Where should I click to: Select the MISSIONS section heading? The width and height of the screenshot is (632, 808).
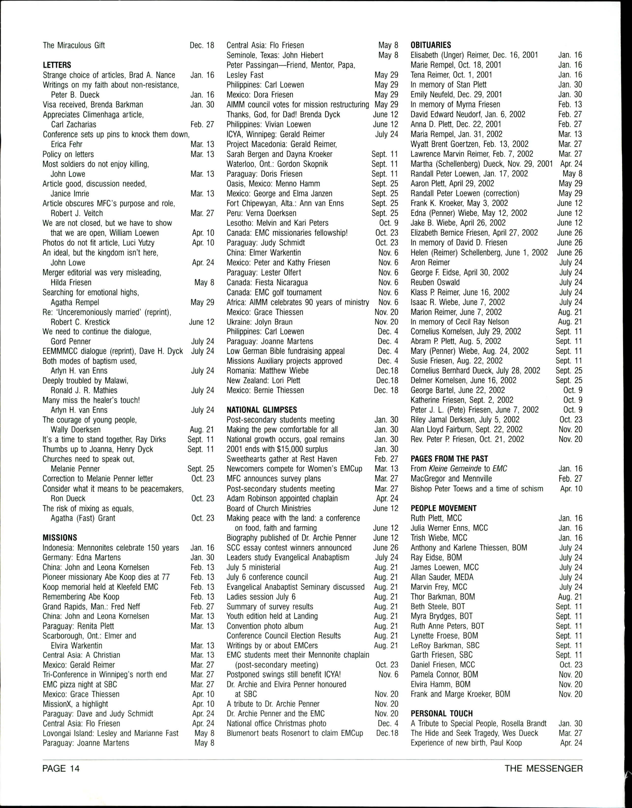[x=60, y=538]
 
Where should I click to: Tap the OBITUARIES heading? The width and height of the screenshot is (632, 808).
[x=431, y=45]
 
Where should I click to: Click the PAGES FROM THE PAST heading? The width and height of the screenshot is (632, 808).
[x=449, y=459]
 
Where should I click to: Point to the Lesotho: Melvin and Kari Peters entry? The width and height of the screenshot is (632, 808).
[x=277, y=223]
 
